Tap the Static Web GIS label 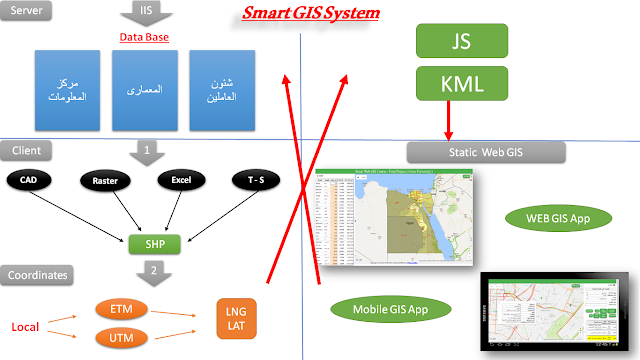486,152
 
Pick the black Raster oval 105,180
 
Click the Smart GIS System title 311,14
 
